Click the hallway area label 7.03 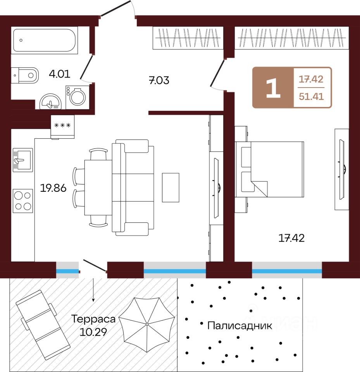(x=159, y=81)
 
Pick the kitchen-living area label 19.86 (x=53, y=189)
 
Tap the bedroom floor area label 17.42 (x=291, y=238)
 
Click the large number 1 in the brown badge (x=273, y=88)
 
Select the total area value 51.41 (x=311, y=96)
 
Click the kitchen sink (x=22, y=159)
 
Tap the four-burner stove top (x=22, y=200)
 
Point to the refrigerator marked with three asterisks (x=62, y=126)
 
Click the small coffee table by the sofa (x=171, y=188)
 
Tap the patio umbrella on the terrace (x=147, y=324)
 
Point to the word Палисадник (x=239, y=325)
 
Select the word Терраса (x=93, y=319)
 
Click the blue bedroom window (x=287, y=271)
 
